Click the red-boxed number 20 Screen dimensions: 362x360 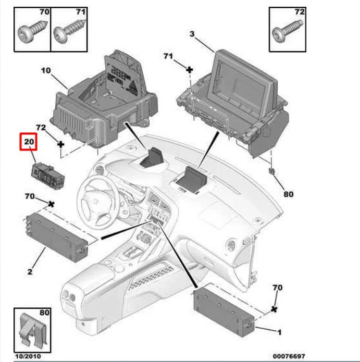[28, 142]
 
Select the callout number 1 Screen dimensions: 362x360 [279, 331]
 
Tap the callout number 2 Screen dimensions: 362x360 [30, 271]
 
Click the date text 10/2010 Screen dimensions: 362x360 [26, 356]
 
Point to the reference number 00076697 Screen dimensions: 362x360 [289, 356]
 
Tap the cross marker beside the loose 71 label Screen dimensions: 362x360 [190, 69]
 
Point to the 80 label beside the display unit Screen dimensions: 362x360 [288, 194]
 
